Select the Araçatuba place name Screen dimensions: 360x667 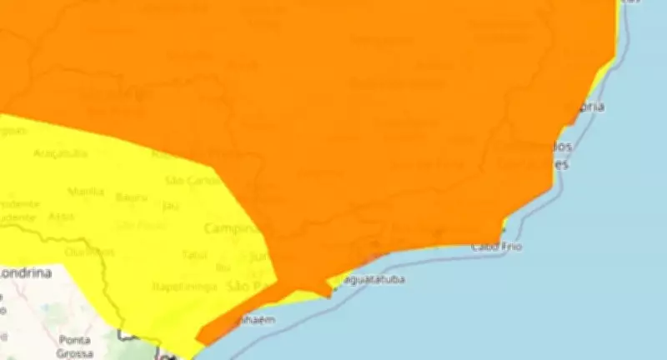pyautogui.click(x=60, y=152)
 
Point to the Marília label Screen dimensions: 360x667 pyautogui.click(x=86, y=191)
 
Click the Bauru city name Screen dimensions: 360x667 pyautogui.click(x=132, y=197)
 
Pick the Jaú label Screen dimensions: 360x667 pyautogui.click(x=171, y=205)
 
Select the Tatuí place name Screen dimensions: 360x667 pyautogui.click(x=193, y=253)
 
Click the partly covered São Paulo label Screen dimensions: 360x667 pyautogui.click(x=245, y=287)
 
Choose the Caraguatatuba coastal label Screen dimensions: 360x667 pyautogui.click(x=374, y=279)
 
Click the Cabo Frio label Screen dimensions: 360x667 pyautogui.click(x=497, y=247)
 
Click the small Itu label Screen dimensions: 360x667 pyautogui.click(x=223, y=267)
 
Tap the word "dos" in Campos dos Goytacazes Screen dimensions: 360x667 pyautogui.click(x=561, y=147)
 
